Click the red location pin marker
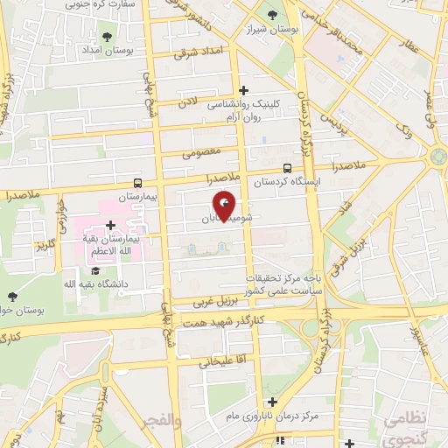pos(226,205)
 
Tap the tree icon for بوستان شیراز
pos(271,15)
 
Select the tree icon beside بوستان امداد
pos(107,37)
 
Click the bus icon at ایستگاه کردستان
pos(288,169)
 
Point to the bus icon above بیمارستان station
pos(138,183)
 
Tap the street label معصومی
pos(199,152)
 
